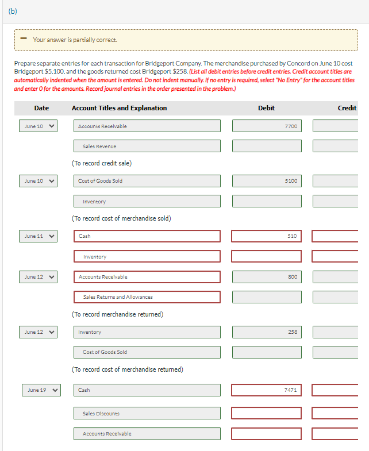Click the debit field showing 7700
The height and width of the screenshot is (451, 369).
pyautogui.click(x=266, y=126)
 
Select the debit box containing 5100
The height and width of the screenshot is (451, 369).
pyautogui.click(x=266, y=181)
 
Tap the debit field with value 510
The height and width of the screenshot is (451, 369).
pyautogui.click(x=266, y=236)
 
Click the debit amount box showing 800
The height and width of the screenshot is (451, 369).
pyautogui.click(x=266, y=277)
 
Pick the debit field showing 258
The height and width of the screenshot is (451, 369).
pyautogui.click(x=266, y=332)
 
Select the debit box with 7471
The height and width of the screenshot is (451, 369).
pyautogui.click(x=266, y=390)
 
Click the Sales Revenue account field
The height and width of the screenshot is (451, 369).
pyautogui.click(x=147, y=147)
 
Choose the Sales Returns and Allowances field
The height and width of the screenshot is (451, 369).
pyautogui.click(x=147, y=297)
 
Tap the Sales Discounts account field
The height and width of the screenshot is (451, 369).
pyautogui.click(x=147, y=413)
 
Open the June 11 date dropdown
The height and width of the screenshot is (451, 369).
pyautogui.click(x=38, y=236)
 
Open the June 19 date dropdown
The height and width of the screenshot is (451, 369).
pyautogui.click(x=41, y=390)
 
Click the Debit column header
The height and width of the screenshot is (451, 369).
pyautogui.click(x=266, y=108)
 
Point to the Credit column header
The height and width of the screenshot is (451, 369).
pyautogui.click(x=347, y=108)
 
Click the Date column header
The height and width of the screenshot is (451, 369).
pyautogui.click(x=41, y=108)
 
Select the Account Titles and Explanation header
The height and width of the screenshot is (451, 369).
pyautogui.click(x=119, y=108)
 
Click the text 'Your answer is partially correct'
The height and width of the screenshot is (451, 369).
pyautogui.click(x=75, y=40)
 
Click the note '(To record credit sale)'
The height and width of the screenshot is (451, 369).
pyautogui.click(x=102, y=163)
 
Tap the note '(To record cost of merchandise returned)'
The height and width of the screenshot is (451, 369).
pyautogui.click(x=127, y=369)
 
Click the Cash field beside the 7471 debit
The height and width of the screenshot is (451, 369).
pyautogui.click(x=147, y=390)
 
